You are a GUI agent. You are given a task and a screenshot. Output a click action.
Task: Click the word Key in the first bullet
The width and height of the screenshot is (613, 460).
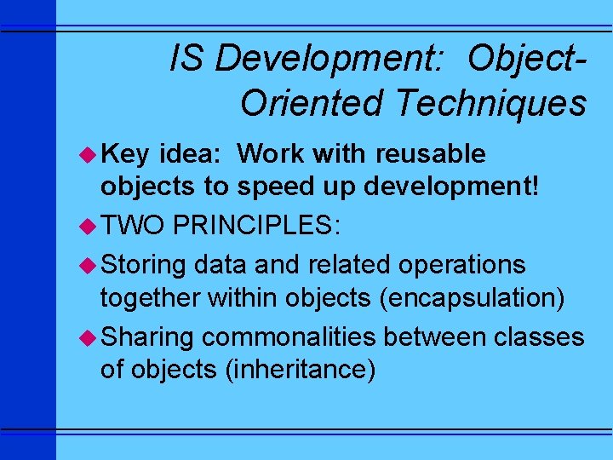(x=126, y=154)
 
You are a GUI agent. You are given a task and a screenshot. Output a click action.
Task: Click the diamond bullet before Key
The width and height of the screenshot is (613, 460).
(x=90, y=154)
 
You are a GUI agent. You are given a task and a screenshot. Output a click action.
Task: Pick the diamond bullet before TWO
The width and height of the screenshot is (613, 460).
(x=90, y=226)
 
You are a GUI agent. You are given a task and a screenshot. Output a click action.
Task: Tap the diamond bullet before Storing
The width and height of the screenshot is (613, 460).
(x=90, y=265)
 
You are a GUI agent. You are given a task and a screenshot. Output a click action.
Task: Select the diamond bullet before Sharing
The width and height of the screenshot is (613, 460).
(x=90, y=337)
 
